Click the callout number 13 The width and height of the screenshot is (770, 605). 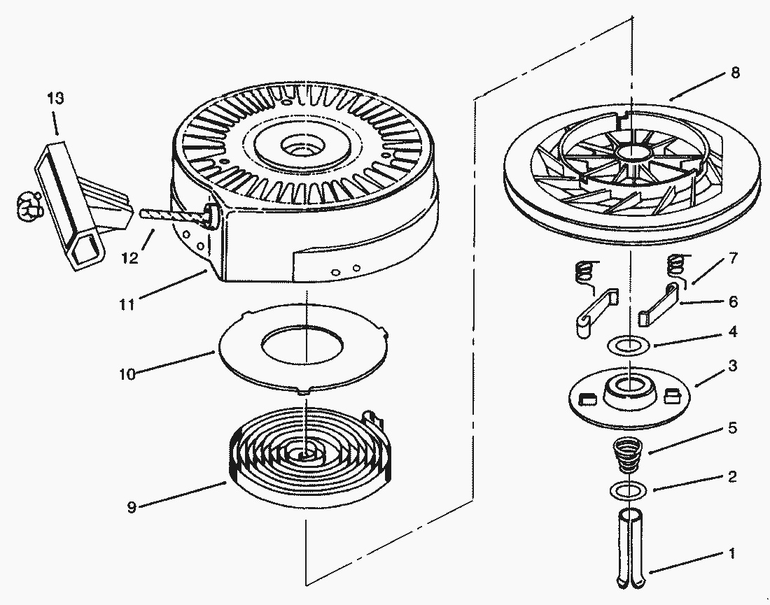55,98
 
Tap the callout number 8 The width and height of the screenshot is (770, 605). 734,73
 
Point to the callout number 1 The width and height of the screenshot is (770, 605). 732,553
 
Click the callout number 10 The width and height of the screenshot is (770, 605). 127,373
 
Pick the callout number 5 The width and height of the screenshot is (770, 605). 732,427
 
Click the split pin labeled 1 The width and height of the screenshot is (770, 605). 631,549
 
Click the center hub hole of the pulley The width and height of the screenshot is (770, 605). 629,153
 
